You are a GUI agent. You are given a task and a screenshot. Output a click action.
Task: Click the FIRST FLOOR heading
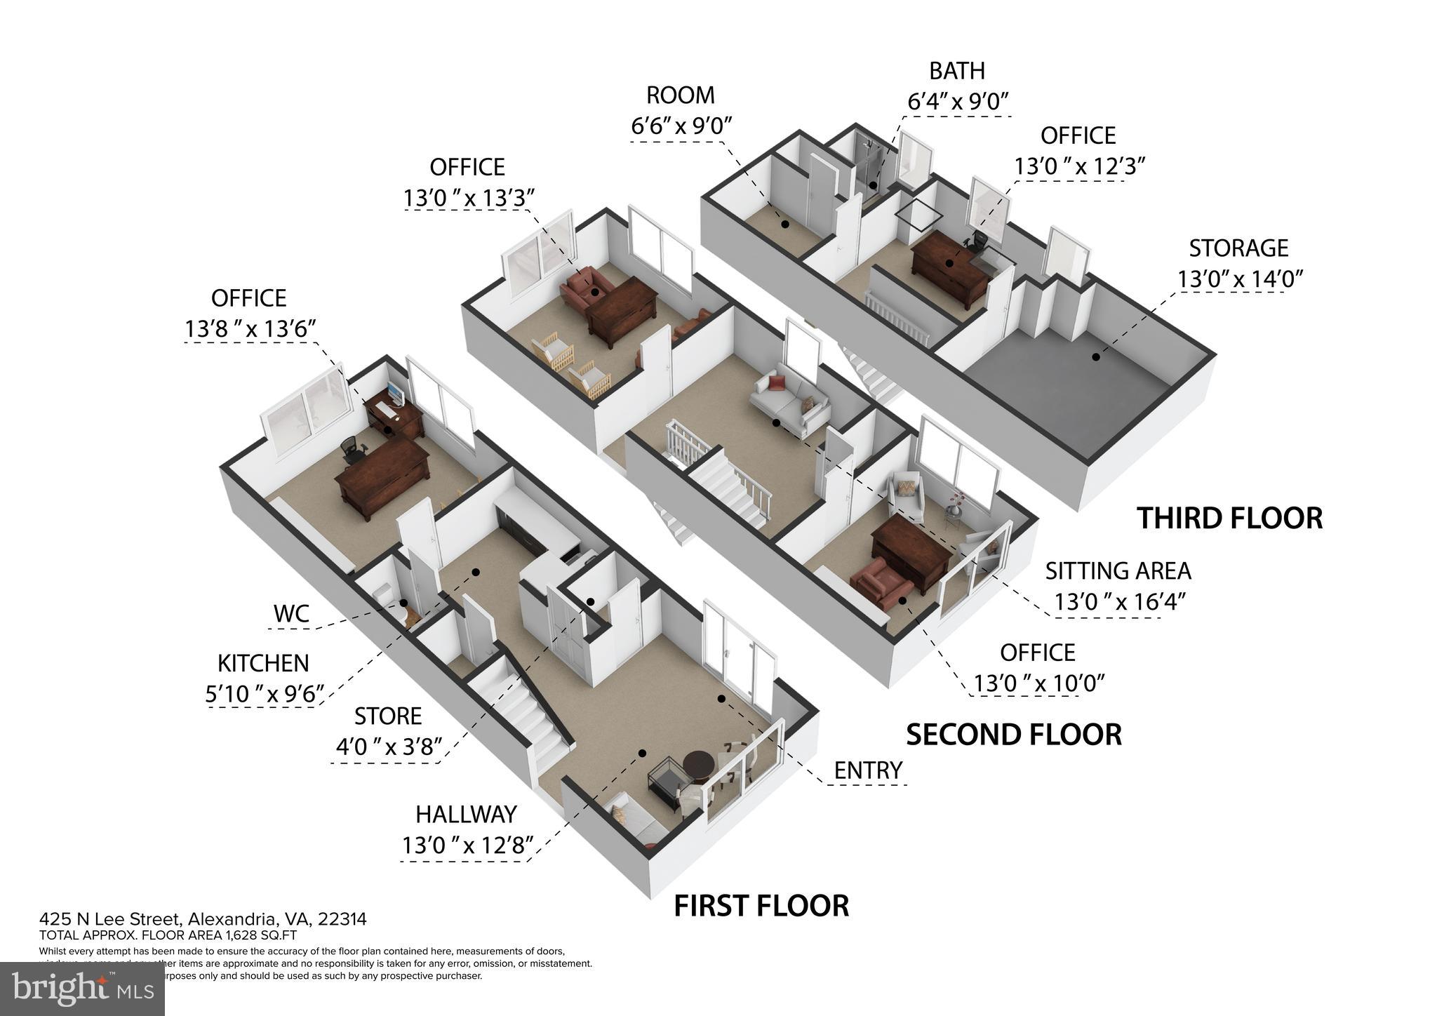coord(761,906)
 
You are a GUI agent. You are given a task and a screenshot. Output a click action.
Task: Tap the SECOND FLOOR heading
coord(1014,735)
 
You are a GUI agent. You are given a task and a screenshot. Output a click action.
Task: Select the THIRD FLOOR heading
coord(1229,519)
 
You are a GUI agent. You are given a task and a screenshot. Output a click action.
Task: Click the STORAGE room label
coord(1238,248)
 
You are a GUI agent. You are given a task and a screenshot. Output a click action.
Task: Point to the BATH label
coord(957,71)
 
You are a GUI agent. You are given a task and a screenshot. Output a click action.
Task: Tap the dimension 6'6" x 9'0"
coord(681,126)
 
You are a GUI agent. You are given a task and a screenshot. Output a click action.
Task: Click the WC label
coord(291,613)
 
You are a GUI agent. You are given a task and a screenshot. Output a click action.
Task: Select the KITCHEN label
coord(263,663)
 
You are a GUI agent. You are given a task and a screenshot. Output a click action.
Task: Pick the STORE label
coord(387,716)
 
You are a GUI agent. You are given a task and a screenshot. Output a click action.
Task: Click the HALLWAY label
coord(466,814)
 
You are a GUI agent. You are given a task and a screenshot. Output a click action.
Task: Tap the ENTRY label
coord(868,770)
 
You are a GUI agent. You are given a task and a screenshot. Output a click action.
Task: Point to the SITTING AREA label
coord(1118,571)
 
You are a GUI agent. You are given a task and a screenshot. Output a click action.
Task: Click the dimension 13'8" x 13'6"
coord(250,328)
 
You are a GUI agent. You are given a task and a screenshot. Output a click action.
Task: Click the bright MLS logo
coord(83,989)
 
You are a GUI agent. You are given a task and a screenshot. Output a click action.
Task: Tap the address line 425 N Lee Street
coord(203,919)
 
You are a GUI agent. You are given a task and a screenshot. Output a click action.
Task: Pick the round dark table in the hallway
coord(697,765)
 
